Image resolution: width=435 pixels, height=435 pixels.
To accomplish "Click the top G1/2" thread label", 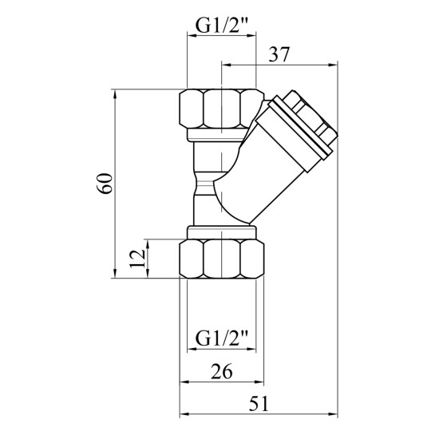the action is pyautogui.click(x=221, y=26).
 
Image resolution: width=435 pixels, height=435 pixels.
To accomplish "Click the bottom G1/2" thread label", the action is pyautogui.click(x=221, y=338).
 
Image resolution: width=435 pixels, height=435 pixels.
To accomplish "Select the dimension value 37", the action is pyautogui.click(x=279, y=54).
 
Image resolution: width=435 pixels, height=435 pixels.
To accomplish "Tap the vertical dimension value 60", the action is pyautogui.click(x=105, y=184).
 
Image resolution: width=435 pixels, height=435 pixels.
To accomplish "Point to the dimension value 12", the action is pyautogui.click(x=137, y=259).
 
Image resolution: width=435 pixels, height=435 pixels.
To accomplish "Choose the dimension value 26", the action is pyautogui.click(x=221, y=371).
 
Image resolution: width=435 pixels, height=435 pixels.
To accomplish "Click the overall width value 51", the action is pyautogui.click(x=259, y=404).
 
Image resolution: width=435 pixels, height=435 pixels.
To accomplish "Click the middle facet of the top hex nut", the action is pyautogui.click(x=221, y=109).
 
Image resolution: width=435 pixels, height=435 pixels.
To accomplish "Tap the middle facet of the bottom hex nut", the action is pyautogui.click(x=221, y=259).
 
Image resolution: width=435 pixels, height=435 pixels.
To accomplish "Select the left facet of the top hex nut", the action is pyautogui.click(x=191, y=109).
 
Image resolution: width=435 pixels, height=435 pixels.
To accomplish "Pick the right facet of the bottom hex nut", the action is pyautogui.click(x=252, y=259).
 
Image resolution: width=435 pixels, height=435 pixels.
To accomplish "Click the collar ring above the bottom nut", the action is pyautogui.click(x=221, y=233).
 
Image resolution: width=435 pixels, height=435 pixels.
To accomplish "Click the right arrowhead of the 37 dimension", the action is pyautogui.click(x=333, y=65).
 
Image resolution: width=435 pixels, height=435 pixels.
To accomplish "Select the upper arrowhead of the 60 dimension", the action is pyautogui.click(x=115, y=94).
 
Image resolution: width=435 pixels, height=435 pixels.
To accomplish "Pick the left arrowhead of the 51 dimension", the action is pyautogui.click(x=184, y=414).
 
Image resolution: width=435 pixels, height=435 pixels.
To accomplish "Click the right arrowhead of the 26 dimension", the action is pyautogui.click(x=259, y=382).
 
